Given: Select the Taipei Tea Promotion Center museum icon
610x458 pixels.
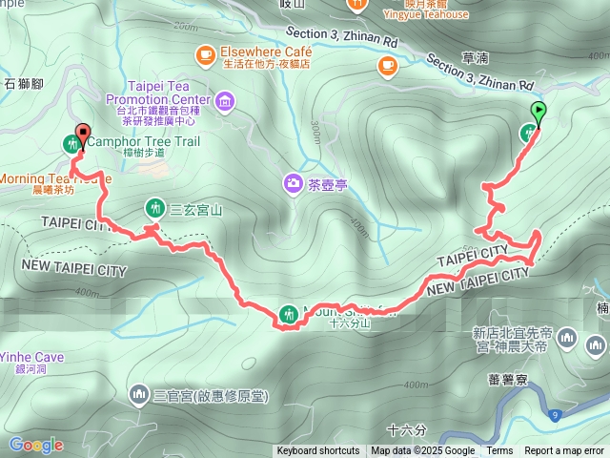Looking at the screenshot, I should tap(225, 100).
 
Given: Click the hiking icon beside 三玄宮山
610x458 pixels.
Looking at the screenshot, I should tap(154, 208).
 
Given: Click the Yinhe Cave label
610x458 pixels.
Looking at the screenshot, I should tap(32, 358).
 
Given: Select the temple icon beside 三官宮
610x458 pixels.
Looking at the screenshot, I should tap(140, 394).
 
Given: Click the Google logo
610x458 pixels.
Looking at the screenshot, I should tap(36, 445).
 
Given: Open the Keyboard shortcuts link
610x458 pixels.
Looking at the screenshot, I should tap(318, 451).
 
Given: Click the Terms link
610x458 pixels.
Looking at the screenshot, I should tap(499, 451).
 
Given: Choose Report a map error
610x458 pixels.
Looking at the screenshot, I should tap(564, 451).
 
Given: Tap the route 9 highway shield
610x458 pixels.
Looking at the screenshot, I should tap(554, 414).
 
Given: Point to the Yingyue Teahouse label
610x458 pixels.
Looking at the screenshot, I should tap(425, 14).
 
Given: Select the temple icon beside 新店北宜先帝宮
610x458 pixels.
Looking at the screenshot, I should tap(569, 339).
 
